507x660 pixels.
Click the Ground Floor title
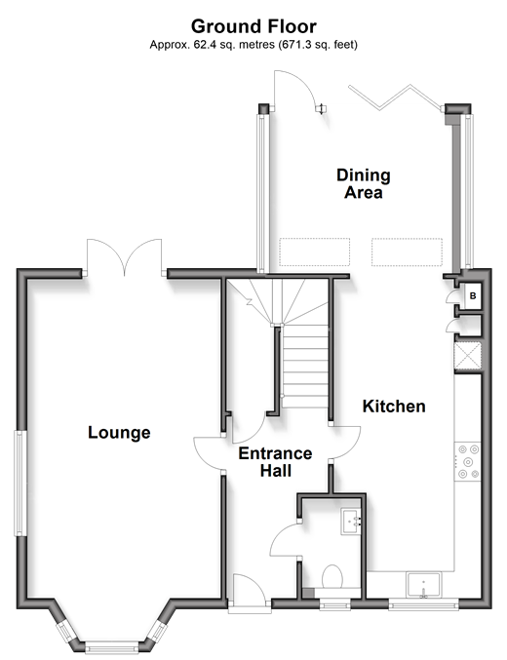click(253, 26)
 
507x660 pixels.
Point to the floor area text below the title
click(253, 44)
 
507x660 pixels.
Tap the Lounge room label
click(119, 433)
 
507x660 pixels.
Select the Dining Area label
click(364, 183)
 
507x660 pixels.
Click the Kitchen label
click(394, 407)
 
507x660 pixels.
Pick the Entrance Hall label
click(275, 462)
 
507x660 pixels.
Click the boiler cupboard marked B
click(472, 296)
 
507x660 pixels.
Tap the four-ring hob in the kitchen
click(467, 462)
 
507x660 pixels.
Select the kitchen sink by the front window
click(423, 585)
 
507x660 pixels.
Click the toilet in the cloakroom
click(331, 577)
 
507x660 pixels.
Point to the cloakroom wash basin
click(351, 522)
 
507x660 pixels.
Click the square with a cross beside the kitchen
click(468, 357)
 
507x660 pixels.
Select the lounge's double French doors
click(124, 256)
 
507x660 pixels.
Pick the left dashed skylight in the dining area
click(315, 252)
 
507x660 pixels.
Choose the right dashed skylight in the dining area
click(407, 252)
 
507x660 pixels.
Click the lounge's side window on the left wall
click(20, 483)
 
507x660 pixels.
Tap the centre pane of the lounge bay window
click(112, 646)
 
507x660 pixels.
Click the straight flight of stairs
click(305, 367)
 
